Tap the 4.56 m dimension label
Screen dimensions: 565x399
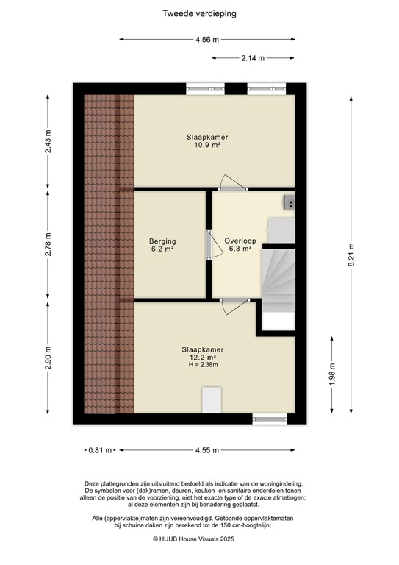pyautogui.click(x=207, y=40)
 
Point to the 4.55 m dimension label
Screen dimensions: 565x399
pyautogui.click(x=206, y=449)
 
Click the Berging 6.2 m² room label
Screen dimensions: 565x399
pyautogui.click(x=162, y=245)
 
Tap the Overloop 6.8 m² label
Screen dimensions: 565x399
pyautogui.click(x=240, y=244)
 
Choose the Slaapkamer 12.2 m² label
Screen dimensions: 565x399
pyautogui.click(x=203, y=353)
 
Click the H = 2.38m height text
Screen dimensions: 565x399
pyautogui.click(x=203, y=365)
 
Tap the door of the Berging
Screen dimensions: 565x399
pyautogui.click(x=208, y=244)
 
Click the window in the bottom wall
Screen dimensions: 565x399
pyautogui.click(x=270, y=418)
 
